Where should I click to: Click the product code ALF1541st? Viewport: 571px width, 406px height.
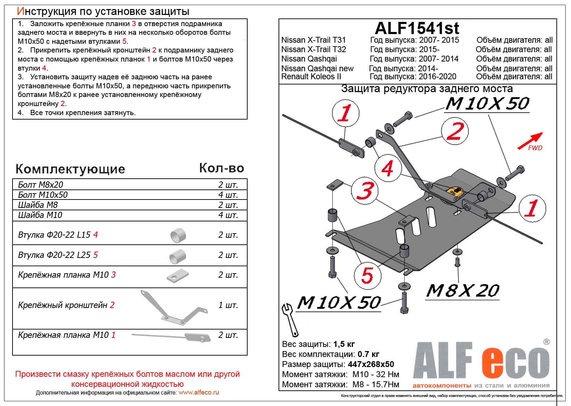pos(417,28)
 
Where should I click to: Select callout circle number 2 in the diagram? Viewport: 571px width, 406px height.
pos(455,131)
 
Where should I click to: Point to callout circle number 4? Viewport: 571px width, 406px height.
pos(388,168)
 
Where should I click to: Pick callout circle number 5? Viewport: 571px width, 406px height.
pos(368,275)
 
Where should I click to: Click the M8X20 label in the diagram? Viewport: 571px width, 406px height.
pos(463,291)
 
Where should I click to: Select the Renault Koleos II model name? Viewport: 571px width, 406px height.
pos(311,77)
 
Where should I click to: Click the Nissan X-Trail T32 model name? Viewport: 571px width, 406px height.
pos(313,49)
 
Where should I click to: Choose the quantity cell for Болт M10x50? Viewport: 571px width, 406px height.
pos(228,195)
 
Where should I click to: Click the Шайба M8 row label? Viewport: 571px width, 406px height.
pos(38,205)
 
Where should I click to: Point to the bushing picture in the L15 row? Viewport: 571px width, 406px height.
pos(178,235)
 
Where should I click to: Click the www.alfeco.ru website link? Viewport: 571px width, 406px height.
pos(199,392)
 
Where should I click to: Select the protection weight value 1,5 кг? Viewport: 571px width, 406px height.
pos(344,344)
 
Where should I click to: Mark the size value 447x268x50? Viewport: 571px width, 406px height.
pos(371,364)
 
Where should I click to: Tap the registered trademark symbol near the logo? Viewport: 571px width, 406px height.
pos(546,342)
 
